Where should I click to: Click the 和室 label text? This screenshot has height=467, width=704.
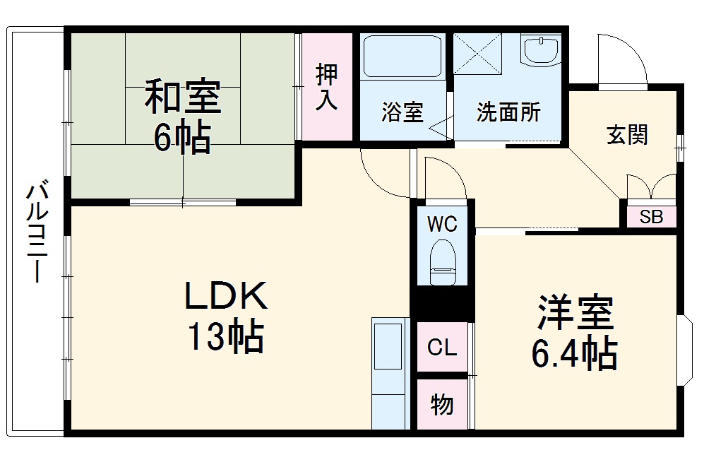click(183, 97)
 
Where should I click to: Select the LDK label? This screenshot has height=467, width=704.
click(226, 297)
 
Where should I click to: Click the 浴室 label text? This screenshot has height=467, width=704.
click(402, 113)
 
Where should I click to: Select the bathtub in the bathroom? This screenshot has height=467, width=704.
click(403, 57)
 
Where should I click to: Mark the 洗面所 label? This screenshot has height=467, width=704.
click(508, 113)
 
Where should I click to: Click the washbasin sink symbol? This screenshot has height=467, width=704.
click(542, 51)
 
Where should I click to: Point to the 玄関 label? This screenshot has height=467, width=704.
click(627, 135)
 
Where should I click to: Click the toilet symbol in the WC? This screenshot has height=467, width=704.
click(442, 261)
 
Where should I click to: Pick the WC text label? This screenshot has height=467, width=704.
click(442, 224)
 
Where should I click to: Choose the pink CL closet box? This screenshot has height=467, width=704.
click(442, 347)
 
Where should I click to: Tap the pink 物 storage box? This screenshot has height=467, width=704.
click(442, 405)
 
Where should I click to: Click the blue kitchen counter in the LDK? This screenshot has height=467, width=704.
click(390, 373)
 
